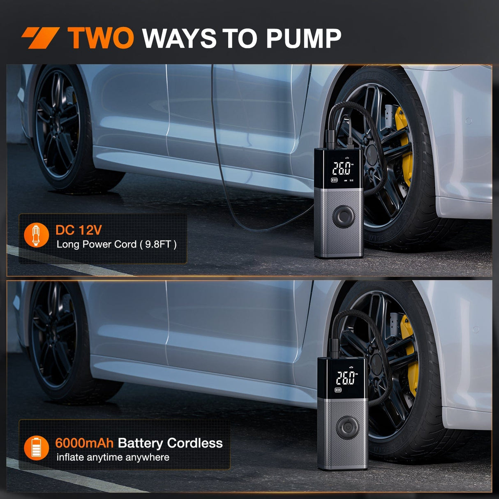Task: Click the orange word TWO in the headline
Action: pos(100,38)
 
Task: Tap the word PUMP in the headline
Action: pos(303,38)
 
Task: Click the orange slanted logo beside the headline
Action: pos(40,38)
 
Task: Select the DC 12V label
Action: pos(79,230)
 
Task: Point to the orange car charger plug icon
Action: pos(36,235)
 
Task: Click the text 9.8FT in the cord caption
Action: pos(157,245)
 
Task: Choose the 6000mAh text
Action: pos(84,443)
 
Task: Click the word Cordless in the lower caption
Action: pos(195,443)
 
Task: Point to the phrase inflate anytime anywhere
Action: pos(113,457)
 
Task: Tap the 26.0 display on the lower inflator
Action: pos(345,378)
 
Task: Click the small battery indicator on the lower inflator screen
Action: pos(338,390)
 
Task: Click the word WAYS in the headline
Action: pos(180,38)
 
